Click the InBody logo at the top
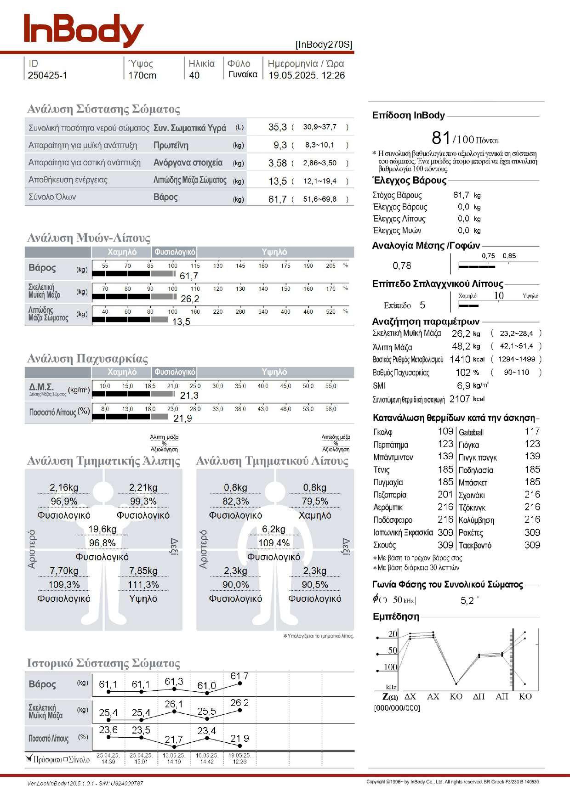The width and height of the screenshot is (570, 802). click(84, 30)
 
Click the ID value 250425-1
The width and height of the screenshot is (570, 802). click(47, 75)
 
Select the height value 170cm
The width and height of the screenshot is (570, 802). click(142, 75)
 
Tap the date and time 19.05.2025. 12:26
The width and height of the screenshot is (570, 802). click(307, 75)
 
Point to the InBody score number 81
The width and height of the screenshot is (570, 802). click(441, 138)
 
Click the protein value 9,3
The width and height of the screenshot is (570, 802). click(280, 145)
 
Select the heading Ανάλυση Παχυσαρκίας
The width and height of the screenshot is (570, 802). click(87, 358)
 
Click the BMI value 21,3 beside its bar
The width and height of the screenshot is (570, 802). click(189, 395)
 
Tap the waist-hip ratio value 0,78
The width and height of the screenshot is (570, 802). click(402, 265)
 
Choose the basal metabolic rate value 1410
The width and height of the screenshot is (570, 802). click(460, 359)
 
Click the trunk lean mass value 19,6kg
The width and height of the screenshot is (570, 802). click(102, 529)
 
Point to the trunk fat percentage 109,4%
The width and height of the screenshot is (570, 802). click(274, 543)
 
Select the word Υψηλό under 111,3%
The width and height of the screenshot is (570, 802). click(143, 599)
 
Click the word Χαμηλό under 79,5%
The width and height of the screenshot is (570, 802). click(315, 515)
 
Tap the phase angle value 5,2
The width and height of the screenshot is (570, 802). click(467, 601)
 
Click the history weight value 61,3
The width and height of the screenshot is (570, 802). click(174, 682)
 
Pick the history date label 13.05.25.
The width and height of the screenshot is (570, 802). click(174, 755)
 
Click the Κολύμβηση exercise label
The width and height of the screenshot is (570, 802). click(476, 520)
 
